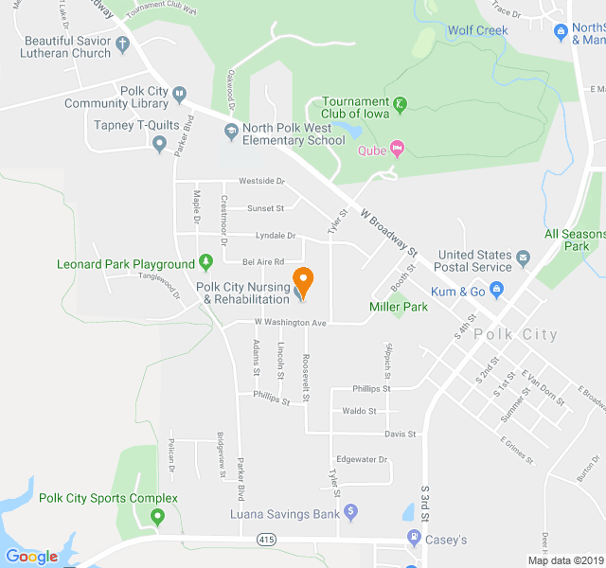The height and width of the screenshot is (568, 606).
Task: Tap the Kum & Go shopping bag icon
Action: (x=495, y=291)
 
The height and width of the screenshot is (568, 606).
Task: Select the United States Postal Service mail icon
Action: (x=522, y=256)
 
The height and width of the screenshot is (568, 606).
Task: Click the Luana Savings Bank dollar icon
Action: (x=350, y=512)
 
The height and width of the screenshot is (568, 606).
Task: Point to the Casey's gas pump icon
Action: (x=413, y=539)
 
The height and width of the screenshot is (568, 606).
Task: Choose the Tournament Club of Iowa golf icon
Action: (x=400, y=103)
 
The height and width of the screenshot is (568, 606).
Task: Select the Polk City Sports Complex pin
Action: (x=157, y=516)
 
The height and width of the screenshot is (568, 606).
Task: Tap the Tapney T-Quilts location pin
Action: (x=159, y=144)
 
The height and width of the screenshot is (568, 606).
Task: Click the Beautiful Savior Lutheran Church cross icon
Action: (x=123, y=43)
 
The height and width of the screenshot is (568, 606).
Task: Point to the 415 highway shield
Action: (x=266, y=539)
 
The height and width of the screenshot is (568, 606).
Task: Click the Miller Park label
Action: (x=398, y=307)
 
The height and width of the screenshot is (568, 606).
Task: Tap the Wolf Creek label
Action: (x=477, y=30)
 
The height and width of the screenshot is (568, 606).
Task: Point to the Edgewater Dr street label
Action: (x=363, y=460)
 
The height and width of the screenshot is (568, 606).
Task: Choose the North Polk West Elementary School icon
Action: (x=230, y=130)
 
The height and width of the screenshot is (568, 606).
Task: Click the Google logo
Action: (x=31, y=557)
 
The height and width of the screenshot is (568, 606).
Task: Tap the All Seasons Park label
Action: (x=575, y=240)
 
